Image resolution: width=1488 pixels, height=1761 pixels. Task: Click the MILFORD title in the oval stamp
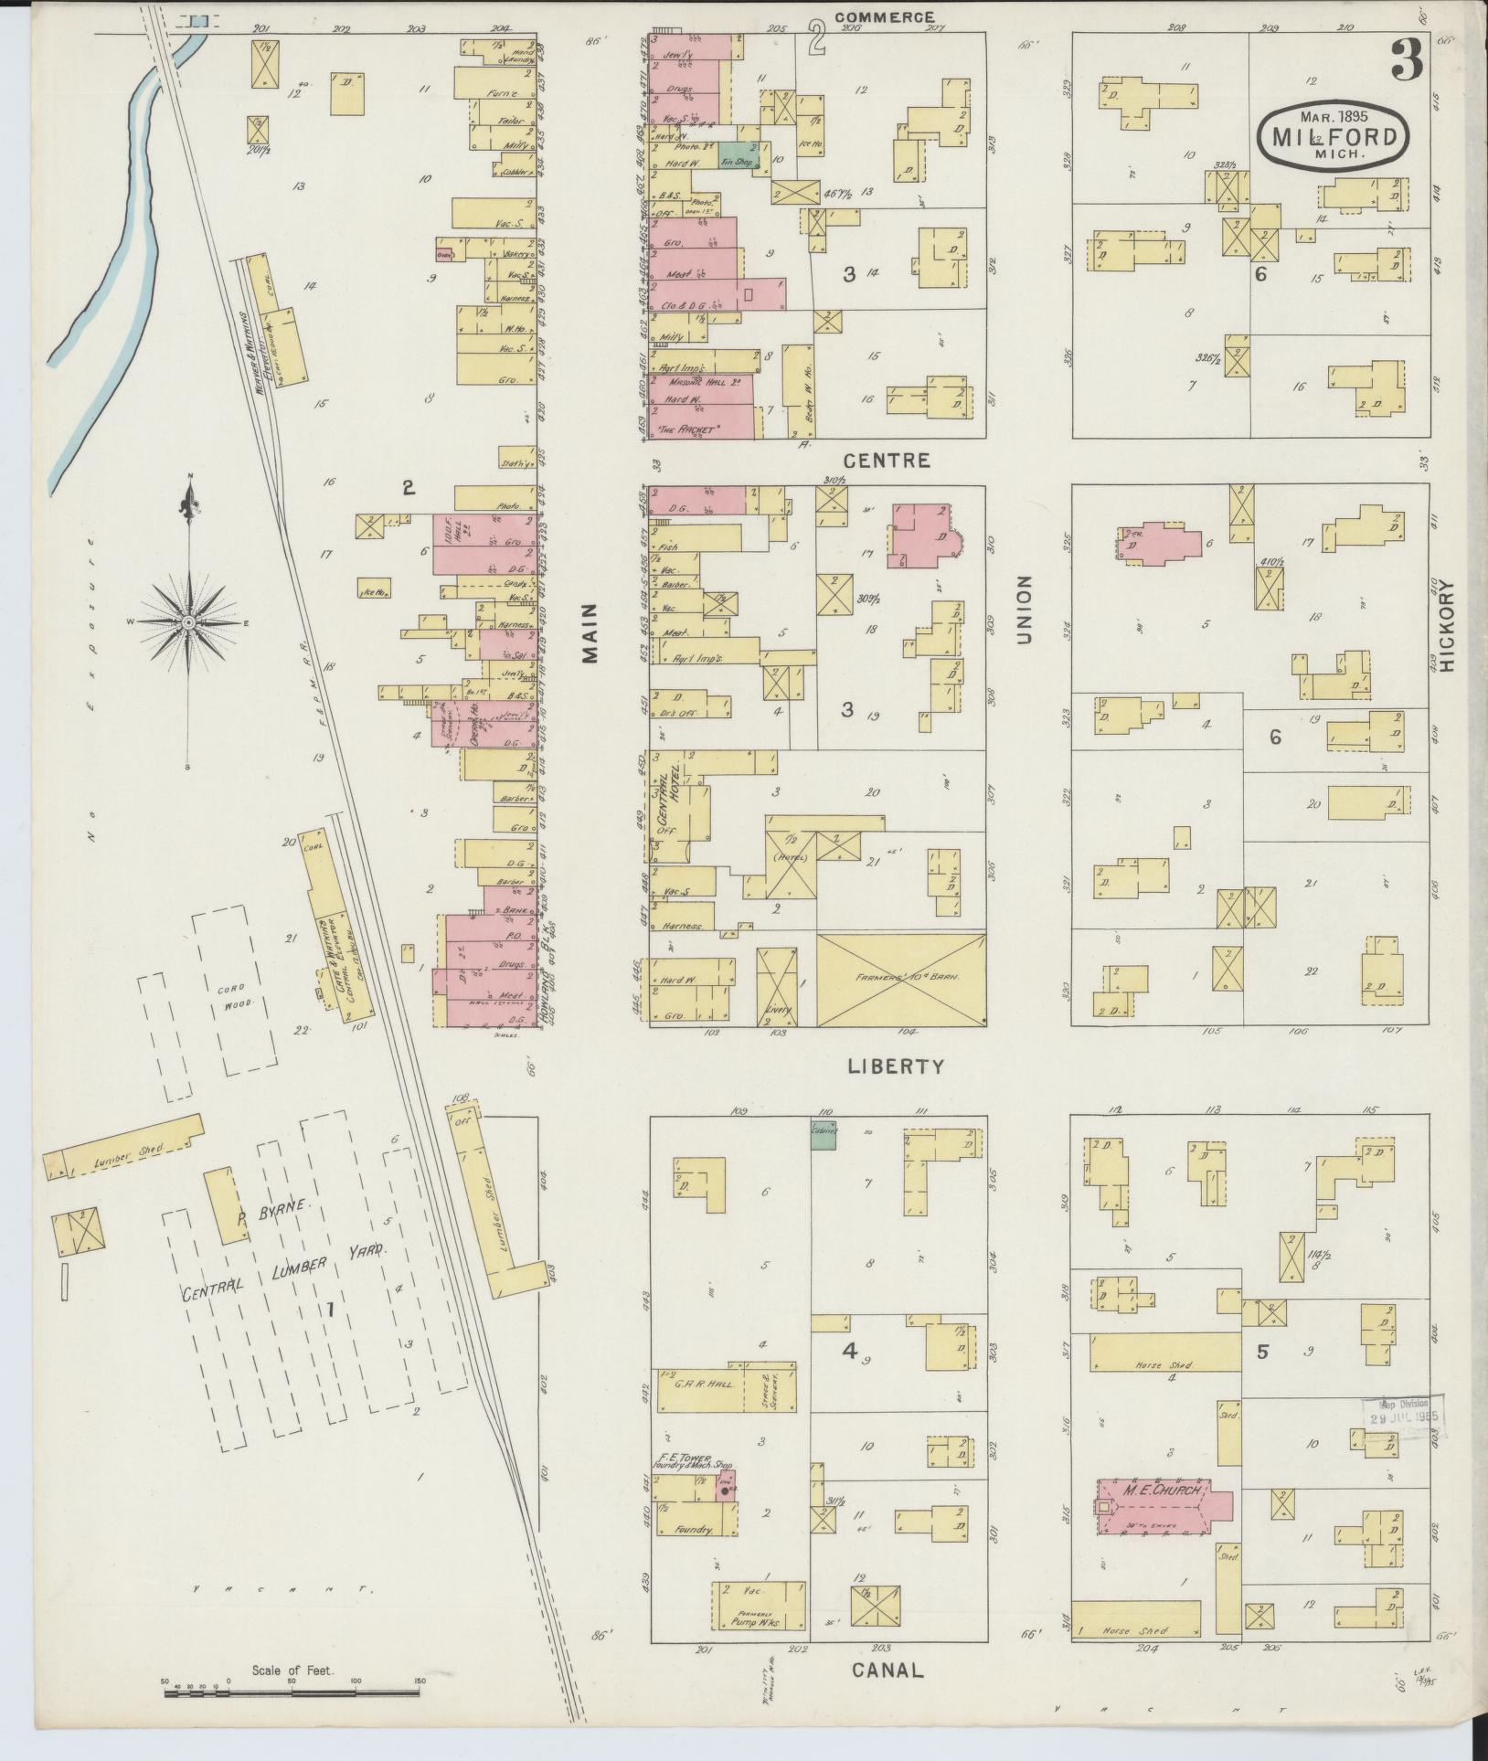(1333, 137)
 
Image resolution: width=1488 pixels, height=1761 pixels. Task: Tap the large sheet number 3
(1407, 61)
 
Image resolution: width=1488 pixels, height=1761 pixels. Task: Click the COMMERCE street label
(884, 16)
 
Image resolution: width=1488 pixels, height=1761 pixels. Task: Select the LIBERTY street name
(894, 1066)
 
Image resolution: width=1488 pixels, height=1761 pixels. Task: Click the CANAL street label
(887, 1669)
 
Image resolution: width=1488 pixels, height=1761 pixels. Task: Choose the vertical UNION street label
(1023, 610)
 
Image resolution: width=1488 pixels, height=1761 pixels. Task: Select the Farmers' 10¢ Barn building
(900, 980)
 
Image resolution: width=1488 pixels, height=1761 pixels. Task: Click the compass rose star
(187, 622)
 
